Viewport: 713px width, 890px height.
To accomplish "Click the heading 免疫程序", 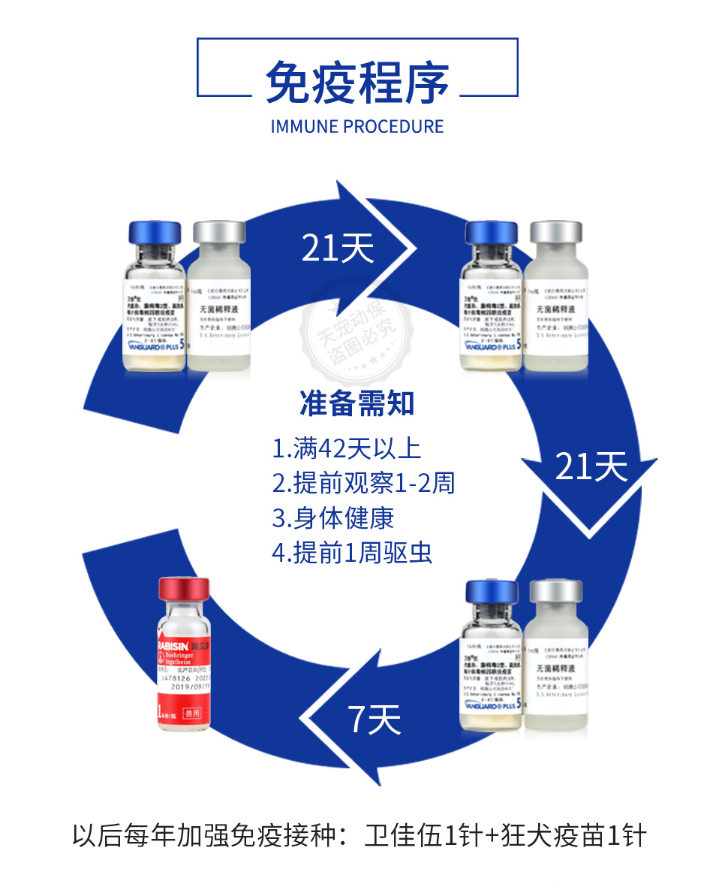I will pyautogui.click(x=356, y=82).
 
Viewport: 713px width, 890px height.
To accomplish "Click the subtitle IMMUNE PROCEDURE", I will pyautogui.click(x=356, y=126).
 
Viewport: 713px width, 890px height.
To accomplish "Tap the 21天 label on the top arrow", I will pyautogui.click(x=337, y=247).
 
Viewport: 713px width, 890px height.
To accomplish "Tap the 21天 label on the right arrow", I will pyautogui.click(x=591, y=467).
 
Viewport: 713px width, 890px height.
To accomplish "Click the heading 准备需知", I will pyautogui.click(x=356, y=404).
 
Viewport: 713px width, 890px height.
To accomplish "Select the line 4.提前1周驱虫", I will pyautogui.click(x=352, y=552).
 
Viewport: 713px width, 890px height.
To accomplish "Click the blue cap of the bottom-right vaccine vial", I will pyautogui.click(x=492, y=594).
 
